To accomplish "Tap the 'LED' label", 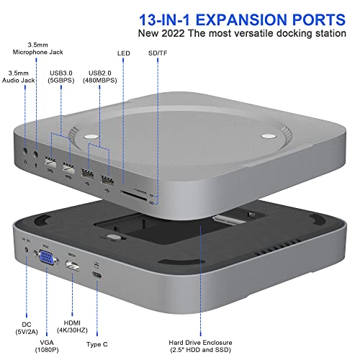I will [x=123, y=54].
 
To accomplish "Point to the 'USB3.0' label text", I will [x=60, y=72].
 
